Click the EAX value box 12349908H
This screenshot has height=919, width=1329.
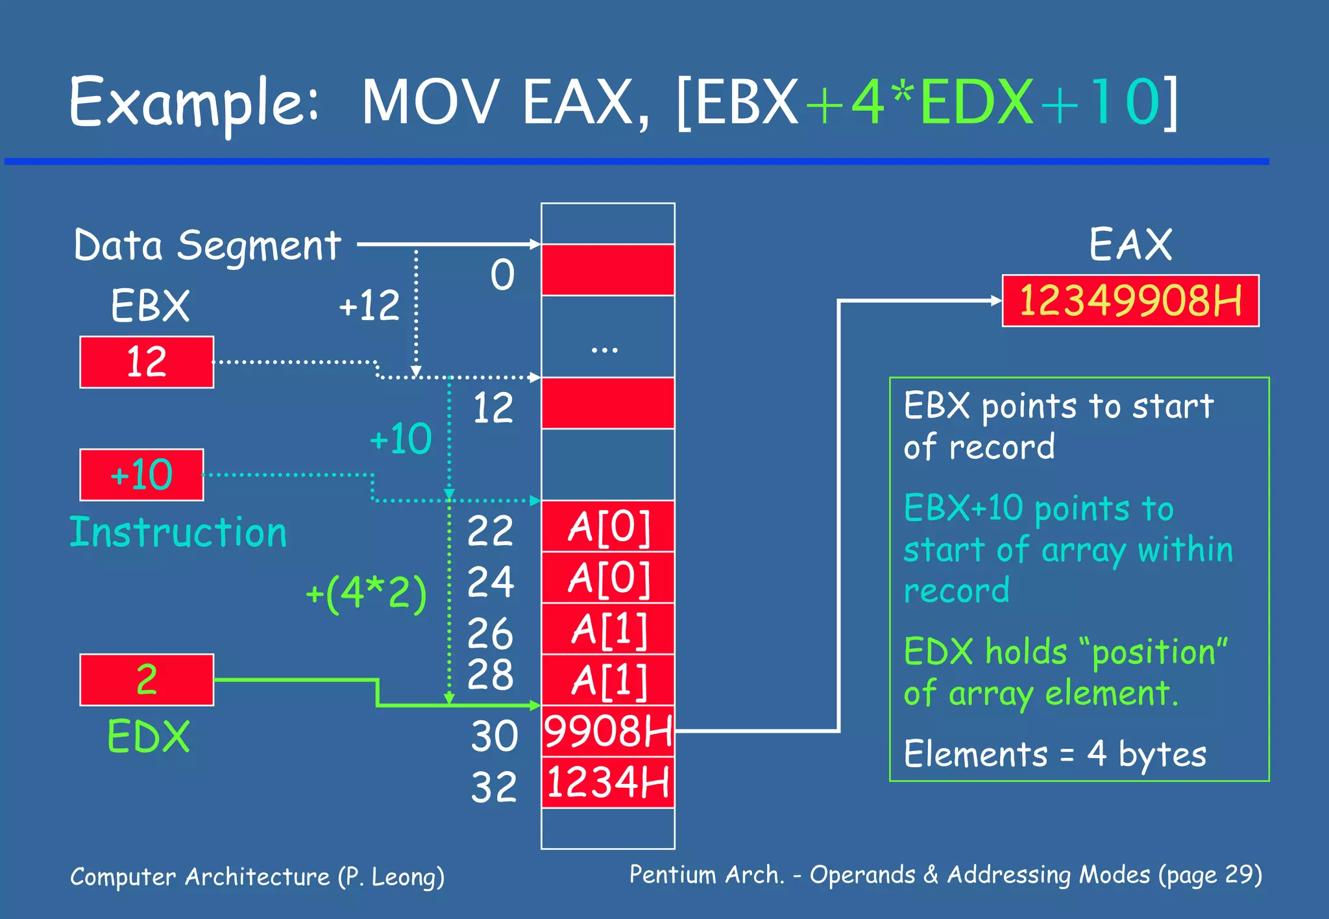click(x=1130, y=300)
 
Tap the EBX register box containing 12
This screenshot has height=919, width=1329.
click(x=147, y=362)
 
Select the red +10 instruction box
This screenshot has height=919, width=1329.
click(x=141, y=475)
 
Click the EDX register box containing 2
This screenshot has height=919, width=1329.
click(x=147, y=680)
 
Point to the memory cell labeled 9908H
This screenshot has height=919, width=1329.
click(x=608, y=731)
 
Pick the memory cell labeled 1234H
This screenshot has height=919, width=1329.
click(x=608, y=782)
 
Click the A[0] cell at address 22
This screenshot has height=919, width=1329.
click(x=608, y=526)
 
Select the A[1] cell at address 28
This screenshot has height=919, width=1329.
click(x=608, y=680)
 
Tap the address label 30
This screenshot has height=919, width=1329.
click(x=494, y=736)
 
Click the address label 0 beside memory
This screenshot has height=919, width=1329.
click(x=502, y=275)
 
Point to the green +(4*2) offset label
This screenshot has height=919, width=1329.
click(x=366, y=593)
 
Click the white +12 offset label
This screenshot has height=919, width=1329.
click(x=369, y=305)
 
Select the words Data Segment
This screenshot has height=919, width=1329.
click(x=207, y=246)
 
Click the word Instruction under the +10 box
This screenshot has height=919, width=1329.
click(x=178, y=533)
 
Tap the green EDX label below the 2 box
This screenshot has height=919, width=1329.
click(x=149, y=737)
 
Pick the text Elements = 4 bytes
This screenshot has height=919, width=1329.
click(x=1055, y=754)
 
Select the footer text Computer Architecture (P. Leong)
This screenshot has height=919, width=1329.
click(x=257, y=877)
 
